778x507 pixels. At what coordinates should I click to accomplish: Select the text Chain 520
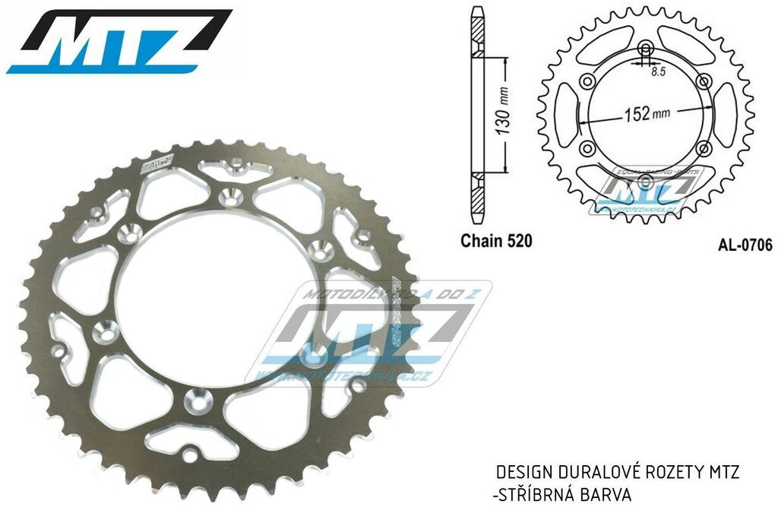(x=496, y=242)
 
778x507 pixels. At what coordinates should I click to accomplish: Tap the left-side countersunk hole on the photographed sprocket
(x=106, y=331)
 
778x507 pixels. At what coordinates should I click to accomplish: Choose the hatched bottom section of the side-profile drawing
(x=476, y=193)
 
